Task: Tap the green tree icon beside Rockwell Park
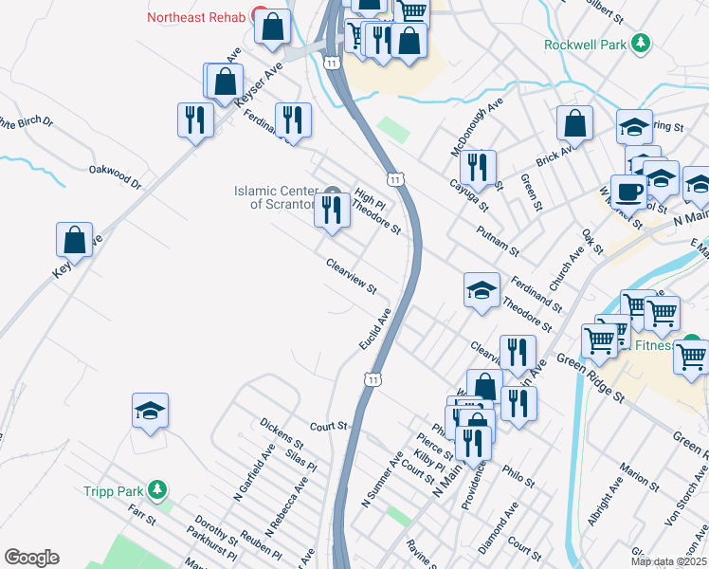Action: click(642, 43)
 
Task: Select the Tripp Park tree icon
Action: click(158, 490)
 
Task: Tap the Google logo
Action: click(31, 558)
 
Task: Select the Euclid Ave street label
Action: click(375, 327)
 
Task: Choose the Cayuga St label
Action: click(468, 196)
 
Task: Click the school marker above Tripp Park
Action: click(150, 410)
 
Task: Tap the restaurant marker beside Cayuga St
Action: click(482, 169)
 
